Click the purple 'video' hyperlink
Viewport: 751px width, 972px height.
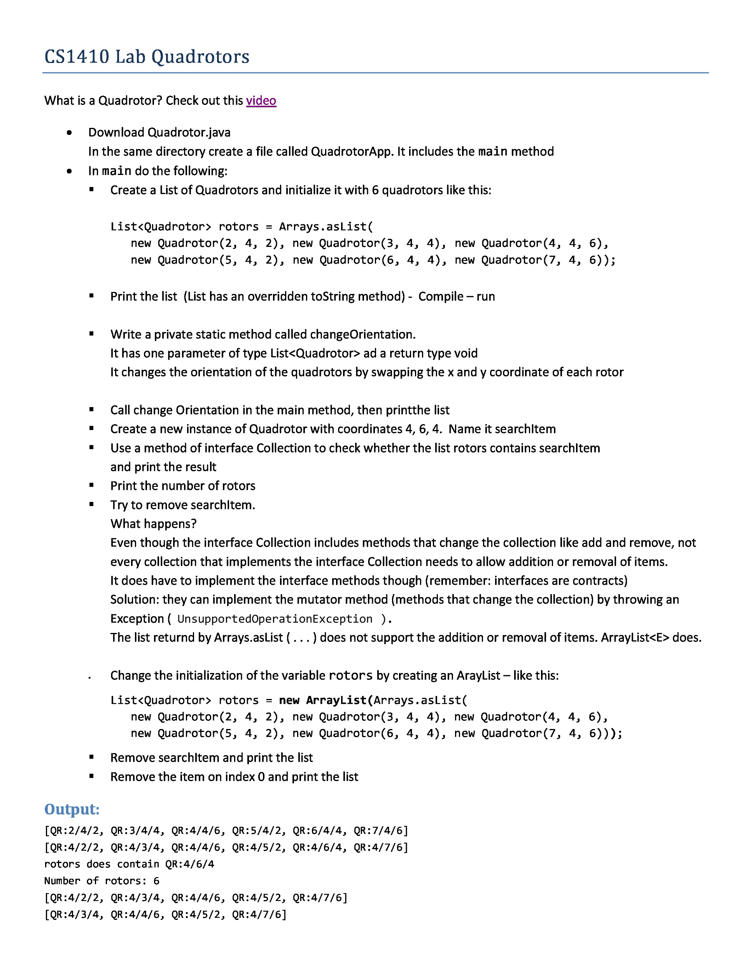point(261,101)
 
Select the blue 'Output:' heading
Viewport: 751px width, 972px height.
point(72,809)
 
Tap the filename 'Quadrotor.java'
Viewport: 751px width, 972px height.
point(189,133)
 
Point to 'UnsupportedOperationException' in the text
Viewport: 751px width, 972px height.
point(274,619)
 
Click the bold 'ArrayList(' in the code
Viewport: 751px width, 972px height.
point(339,700)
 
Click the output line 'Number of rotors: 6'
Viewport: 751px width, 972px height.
point(102,880)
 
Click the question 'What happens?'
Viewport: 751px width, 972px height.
point(154,524)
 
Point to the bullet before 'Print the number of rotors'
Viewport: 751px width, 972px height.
point(91,485)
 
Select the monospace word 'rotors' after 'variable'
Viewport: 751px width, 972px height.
point(350,676)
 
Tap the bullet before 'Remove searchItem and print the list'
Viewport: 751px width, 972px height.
point(91,757)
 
